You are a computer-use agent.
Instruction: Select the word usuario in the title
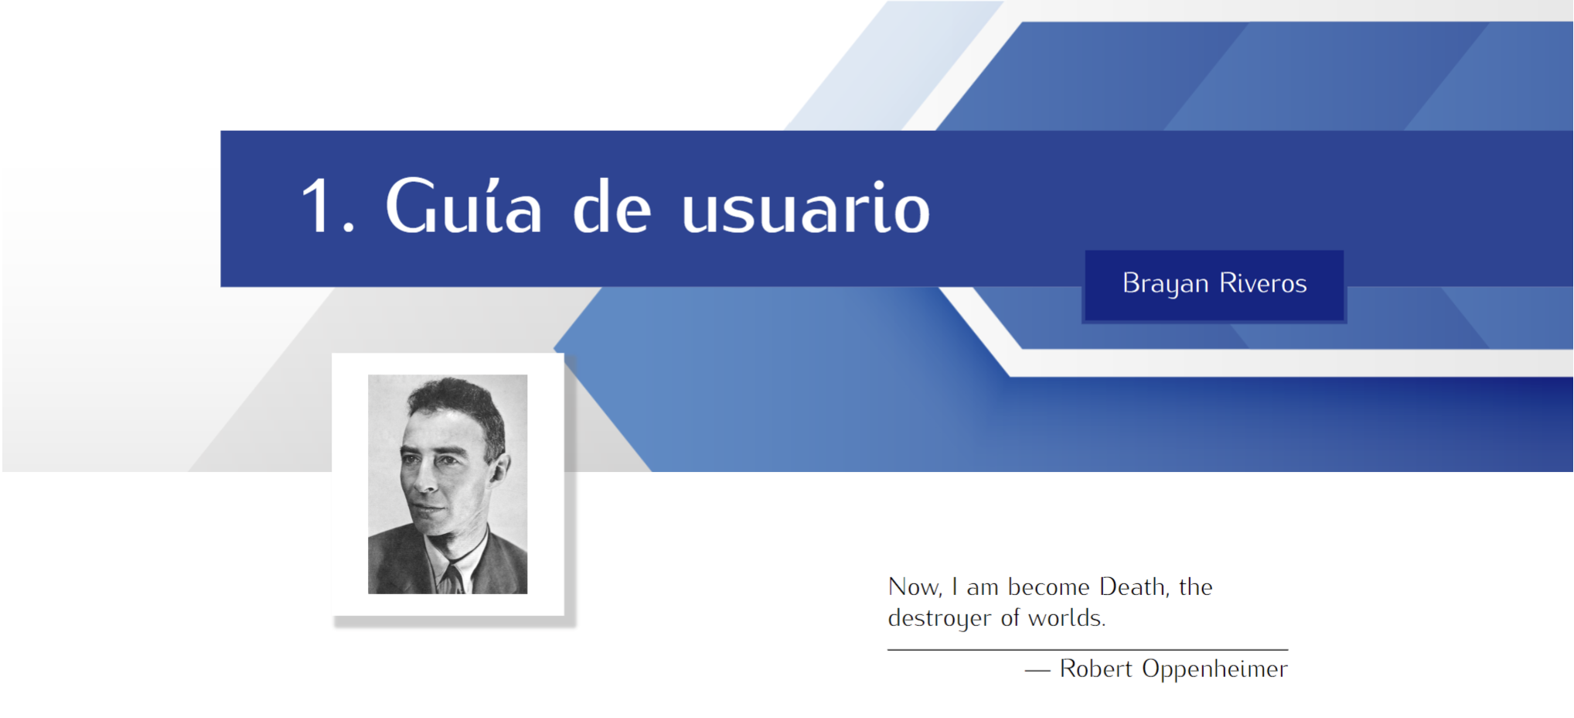(806, 207)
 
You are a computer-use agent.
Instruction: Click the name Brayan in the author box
(1165, 284)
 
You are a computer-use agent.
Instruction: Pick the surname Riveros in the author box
(1263, 283)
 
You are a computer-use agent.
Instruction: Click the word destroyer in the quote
(939, 618)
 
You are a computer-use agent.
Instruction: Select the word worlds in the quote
(1067, 617)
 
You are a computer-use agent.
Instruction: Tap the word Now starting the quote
(915, 587)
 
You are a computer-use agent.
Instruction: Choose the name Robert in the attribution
(1095, 668)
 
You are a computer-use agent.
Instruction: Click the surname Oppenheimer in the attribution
(1215, 669)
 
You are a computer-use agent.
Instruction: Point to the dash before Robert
(1037, 671)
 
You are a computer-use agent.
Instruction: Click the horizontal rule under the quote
(1088, 650)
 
